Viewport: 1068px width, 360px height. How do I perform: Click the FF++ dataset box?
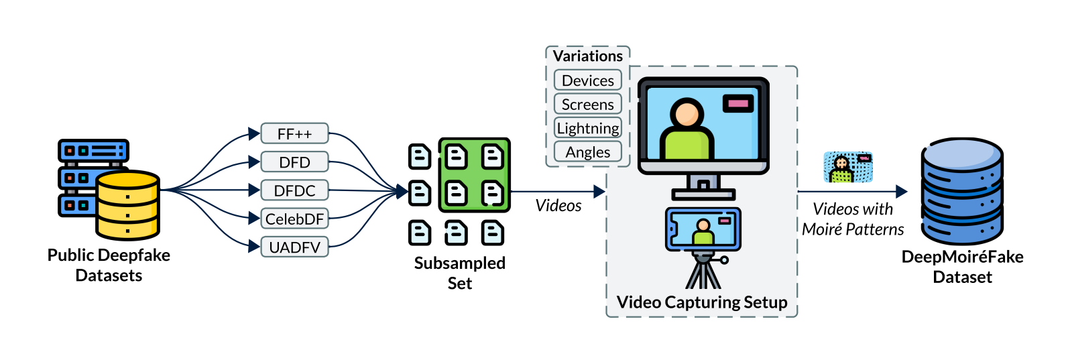pos(294,133)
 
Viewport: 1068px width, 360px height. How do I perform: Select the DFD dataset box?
pos(294,162)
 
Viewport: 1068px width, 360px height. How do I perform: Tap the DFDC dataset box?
pos(294,190)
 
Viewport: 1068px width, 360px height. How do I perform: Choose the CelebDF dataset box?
pos(294,219)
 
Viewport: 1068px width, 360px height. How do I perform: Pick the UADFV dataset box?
pos(294,247)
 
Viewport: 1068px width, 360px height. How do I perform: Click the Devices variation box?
pos(587,80)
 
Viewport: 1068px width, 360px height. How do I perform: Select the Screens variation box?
pos(587,105)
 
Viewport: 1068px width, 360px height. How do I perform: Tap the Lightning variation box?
pos(587,128)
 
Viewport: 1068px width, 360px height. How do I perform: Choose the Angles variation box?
pos(587,152)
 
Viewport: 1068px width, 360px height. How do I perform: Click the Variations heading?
pos(587,56)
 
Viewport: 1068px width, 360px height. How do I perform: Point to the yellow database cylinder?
pos(127,206)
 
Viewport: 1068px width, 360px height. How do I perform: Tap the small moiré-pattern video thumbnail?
pos(848,167)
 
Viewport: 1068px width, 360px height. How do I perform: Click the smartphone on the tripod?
pos(703,229)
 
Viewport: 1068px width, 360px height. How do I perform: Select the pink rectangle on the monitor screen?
pos(737,103)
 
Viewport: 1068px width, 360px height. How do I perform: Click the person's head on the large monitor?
pos(687,114)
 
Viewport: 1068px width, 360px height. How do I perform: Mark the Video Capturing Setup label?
pos(702,302)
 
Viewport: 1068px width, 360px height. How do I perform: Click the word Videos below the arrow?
pos(558,206)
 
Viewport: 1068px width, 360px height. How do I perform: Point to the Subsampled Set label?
pos(460,273)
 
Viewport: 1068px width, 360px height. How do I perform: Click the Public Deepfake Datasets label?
pos(109,265)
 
